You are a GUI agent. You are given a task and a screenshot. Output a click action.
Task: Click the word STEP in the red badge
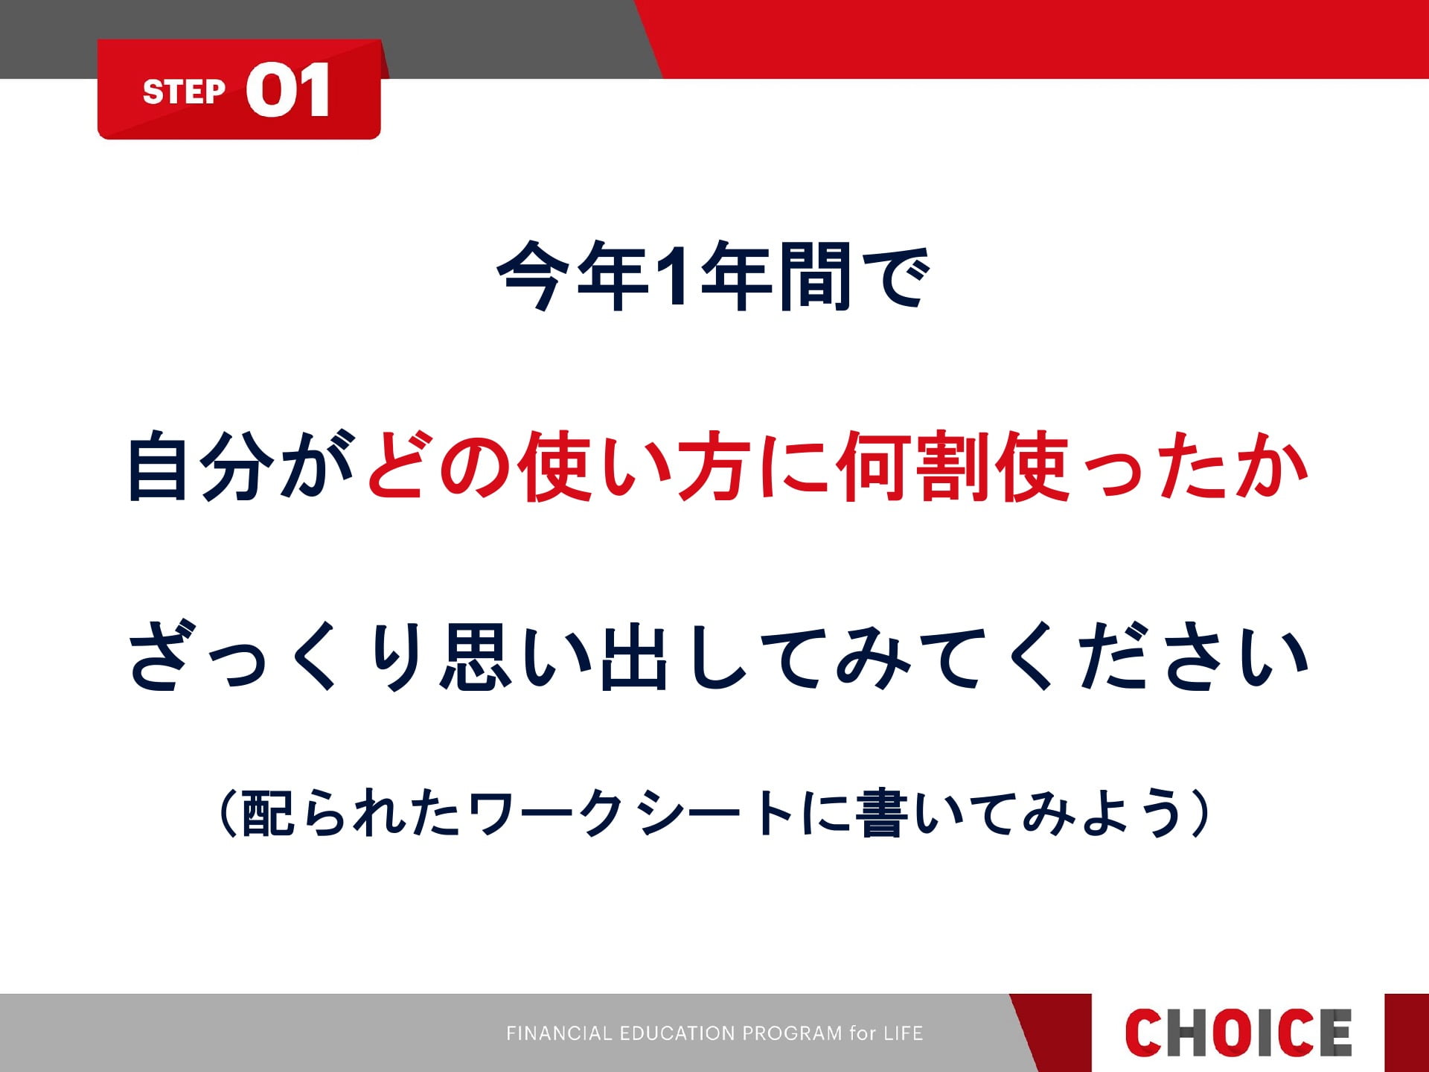(184, 92)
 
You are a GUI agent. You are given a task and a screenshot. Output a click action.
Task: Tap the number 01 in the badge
(288, 90)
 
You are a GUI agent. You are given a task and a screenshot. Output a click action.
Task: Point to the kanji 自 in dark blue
(158, 467)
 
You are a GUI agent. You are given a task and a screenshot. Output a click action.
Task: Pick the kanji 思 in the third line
(476, 656)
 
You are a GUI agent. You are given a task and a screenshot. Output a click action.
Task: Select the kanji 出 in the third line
(633, 656)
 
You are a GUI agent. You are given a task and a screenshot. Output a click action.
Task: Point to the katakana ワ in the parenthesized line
(492, 813)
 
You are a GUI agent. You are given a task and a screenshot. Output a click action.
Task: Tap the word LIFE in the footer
(903, 1033)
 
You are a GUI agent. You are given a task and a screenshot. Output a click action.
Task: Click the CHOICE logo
(1238, 1033)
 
